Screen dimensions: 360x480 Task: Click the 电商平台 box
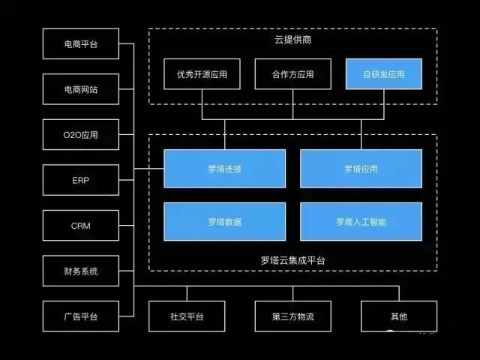click(80, 44)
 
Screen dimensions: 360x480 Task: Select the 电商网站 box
click(80, 89)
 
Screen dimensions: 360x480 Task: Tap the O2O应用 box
click(80, 135)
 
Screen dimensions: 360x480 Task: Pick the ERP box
click(80, 180)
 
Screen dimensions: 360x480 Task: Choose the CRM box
click(80, 226)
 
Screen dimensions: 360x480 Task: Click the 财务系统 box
click(80, 271)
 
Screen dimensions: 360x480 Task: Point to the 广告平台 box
click(80, 316)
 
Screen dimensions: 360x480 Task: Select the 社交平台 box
click(187, 316)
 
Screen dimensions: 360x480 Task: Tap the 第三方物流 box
click(292, 316)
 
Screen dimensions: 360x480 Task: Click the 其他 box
click(398, 316)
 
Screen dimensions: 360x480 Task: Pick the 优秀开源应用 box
click(202, 74)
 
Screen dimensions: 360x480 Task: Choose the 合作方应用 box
click(292, 74)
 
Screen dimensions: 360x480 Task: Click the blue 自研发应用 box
click(383, 74)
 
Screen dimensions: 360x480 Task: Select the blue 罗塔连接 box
click(224, 169)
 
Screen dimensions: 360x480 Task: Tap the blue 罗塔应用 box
click(361, 169)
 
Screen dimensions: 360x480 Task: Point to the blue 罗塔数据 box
click(224, 221)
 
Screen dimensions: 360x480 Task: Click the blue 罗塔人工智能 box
click(361, 221)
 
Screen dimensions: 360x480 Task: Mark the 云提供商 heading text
click(292, 40)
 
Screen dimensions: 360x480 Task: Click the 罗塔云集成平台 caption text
click(292, 260)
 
